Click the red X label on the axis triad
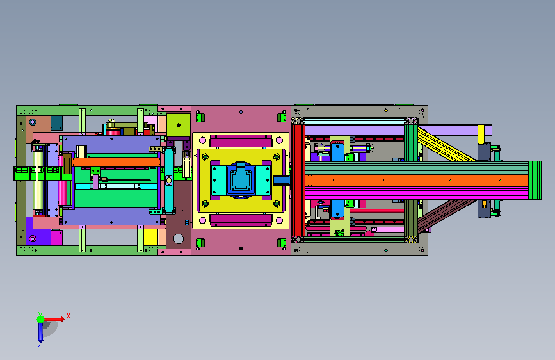[x=68, y=316]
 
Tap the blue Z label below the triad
[x=40, y=344]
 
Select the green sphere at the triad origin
[x=41, y=319]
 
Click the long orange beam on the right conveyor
[x=417, y=181]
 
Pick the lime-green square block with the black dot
[x=179, y=125]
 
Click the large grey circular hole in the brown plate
[x=179, y=239]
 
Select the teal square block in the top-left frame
[x=56, y=123]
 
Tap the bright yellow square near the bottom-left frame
[x=150, y=237]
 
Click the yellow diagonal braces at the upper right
[x=447, y=144]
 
